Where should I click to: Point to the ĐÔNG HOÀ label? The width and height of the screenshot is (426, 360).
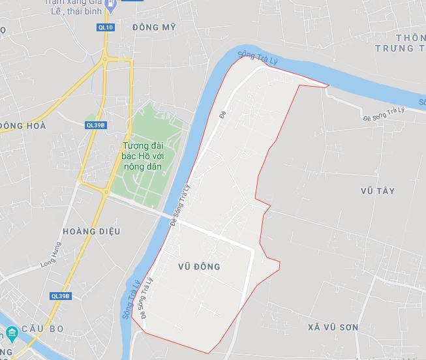coord(23,125)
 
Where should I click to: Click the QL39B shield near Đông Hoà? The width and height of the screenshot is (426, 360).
coord(95,125)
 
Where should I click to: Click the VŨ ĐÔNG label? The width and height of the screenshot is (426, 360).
coord(198,267)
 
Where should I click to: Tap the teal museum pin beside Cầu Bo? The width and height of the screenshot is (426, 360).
coord(12,335)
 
